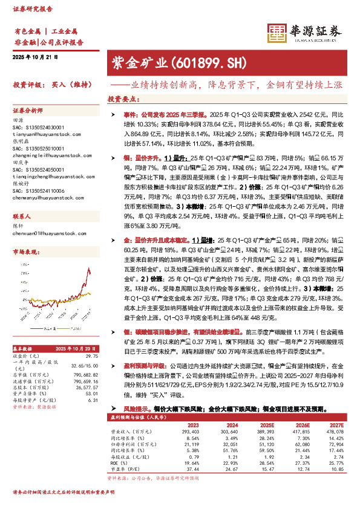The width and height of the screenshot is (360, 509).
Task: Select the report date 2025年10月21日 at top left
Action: [34, 57]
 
